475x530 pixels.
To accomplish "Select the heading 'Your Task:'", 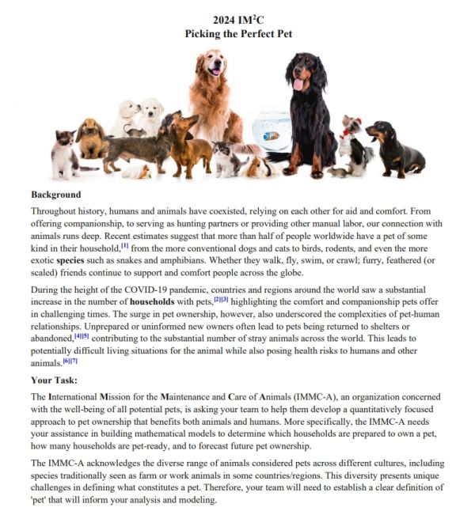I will tap(56, 380).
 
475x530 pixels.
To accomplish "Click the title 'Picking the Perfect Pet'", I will tap(237, 34).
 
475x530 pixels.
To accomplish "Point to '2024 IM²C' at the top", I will tap(237, 20).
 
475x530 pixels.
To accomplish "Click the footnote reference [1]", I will tap(124, 246).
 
